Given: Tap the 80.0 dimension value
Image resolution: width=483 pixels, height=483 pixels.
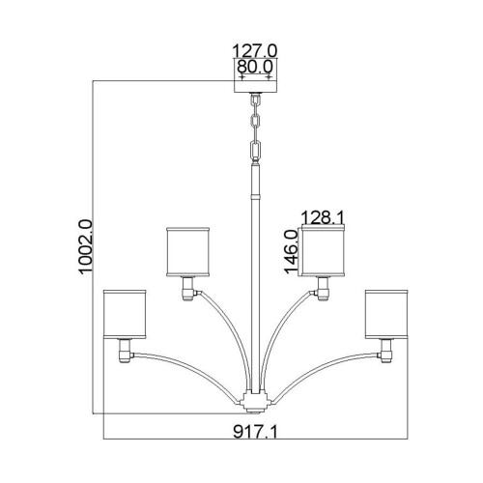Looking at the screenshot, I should coord(255,69).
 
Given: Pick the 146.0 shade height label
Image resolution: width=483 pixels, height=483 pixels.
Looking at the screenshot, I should coord(290,249).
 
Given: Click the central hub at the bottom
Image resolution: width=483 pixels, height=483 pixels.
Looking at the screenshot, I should coord(255,399).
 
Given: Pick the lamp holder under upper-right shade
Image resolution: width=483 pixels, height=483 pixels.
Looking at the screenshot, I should coord(323,286).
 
